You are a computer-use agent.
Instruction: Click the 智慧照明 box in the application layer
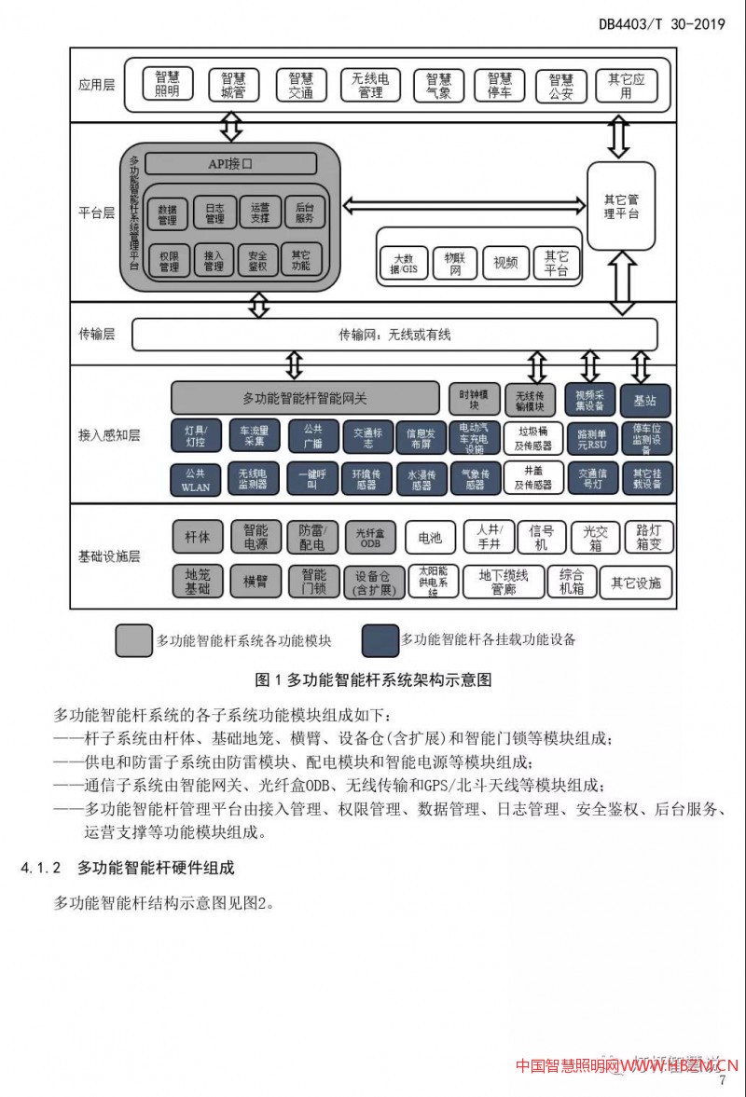point(167,85)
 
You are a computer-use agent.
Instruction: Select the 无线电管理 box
point(370,85)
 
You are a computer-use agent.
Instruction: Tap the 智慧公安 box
point(561,85)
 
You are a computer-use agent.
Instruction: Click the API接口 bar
point(230,164)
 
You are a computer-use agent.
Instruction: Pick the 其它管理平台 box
point(620,206)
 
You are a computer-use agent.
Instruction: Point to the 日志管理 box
point(214,213)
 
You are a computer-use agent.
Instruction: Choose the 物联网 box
point(455,263)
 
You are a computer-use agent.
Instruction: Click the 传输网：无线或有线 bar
point(394,334)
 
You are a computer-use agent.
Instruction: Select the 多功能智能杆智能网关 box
point(305,398)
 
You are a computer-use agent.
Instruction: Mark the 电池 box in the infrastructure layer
point(430,538)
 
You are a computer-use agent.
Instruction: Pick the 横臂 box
point(256,582)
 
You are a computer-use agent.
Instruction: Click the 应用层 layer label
point(97,85)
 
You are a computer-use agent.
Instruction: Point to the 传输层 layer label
point(97,334)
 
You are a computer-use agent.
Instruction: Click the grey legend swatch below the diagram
point(133,640)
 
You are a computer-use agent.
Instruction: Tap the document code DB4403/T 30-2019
point(662,24)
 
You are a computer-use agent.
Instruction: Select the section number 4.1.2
point(41,868)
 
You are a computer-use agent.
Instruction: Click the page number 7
point(722,1080)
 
